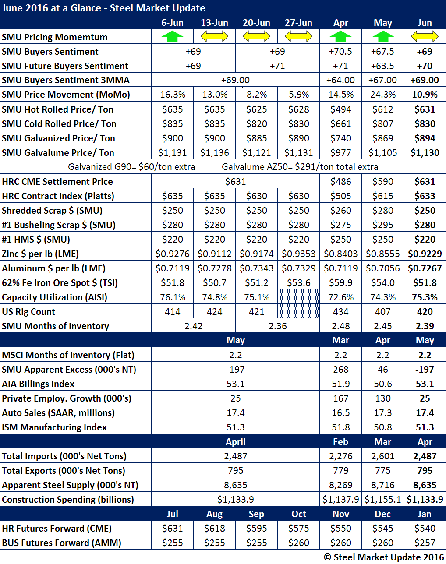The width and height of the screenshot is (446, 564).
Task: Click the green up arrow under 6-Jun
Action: (173, 37)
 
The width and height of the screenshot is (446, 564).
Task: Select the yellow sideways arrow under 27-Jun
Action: (298, 37)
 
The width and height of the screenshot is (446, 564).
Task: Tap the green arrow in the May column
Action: (383, 37)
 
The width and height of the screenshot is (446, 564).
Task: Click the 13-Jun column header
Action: (214, 23)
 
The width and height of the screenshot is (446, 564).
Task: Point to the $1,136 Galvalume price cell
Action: (214, 152)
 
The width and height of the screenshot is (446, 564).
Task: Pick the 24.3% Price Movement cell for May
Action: (383, 95)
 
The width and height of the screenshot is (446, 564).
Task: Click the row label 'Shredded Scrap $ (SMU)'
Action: (52, 210)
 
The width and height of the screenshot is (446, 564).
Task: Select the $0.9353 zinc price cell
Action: (298, 254)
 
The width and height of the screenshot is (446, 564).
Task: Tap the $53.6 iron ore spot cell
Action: (298, 282)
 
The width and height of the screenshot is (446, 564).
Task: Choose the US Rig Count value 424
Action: (214, 311)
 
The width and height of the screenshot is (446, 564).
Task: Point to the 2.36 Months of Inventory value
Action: (277, 326)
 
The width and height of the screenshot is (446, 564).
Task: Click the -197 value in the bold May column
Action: (425, 369)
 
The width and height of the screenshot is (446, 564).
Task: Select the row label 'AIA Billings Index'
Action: (38, 384)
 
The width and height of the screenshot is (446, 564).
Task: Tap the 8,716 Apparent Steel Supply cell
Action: (383, 485)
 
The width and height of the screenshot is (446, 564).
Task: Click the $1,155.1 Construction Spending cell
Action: (383, 499)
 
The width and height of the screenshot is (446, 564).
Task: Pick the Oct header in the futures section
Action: (298, 514)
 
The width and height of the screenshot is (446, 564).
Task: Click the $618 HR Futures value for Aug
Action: (214, 528)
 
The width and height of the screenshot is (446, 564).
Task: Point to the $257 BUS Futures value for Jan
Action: (425, 543)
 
